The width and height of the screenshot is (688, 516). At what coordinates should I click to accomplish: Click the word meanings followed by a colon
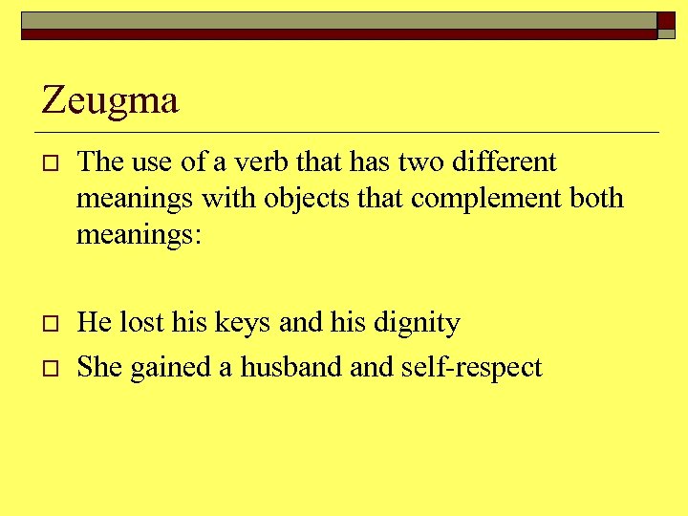pos(139,235)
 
